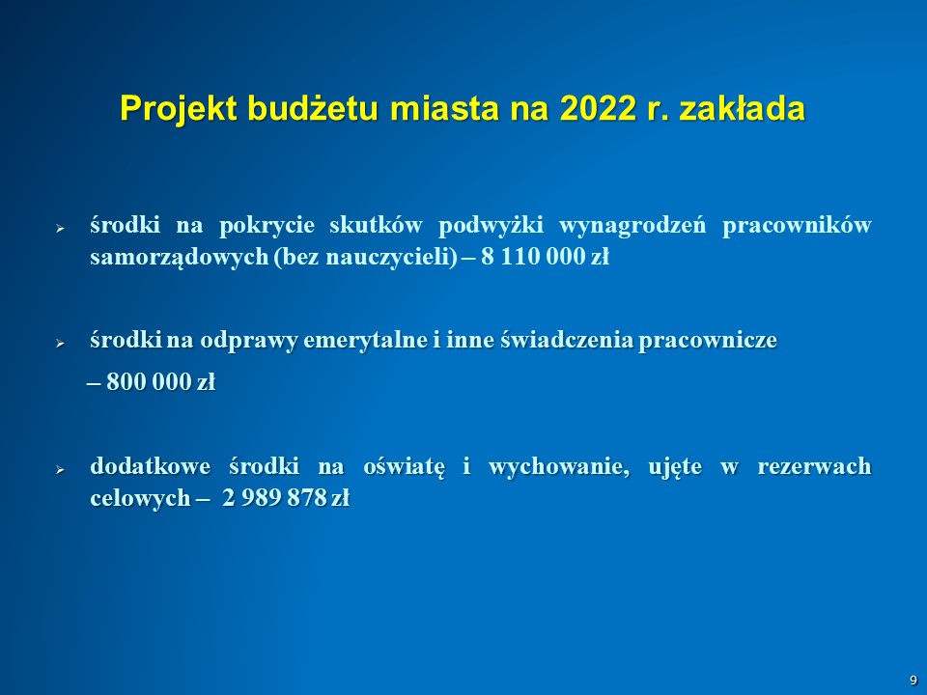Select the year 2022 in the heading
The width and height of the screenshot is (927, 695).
[x=598, y=108]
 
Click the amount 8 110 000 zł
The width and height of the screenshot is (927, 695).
[x=545, y=257]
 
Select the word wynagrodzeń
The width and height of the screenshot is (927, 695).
[x=632, y=226]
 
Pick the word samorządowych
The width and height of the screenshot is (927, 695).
[x=180, y=258]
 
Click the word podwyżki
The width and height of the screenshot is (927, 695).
[x=491, y=226]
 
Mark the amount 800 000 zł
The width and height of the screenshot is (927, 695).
[x=160, y=382]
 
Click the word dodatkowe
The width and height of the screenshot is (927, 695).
[x=151, y=465]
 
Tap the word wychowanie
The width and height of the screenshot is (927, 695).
[x=559, y=467]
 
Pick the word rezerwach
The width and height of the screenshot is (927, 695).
[x=814, y=466]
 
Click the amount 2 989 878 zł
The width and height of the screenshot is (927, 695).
[x=286, y=498]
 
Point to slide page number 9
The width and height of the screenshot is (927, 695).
[x=913, y=681]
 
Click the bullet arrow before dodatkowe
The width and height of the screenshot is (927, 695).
[x=60, y=470]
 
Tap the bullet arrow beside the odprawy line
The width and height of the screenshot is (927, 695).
[x=60, y=343]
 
